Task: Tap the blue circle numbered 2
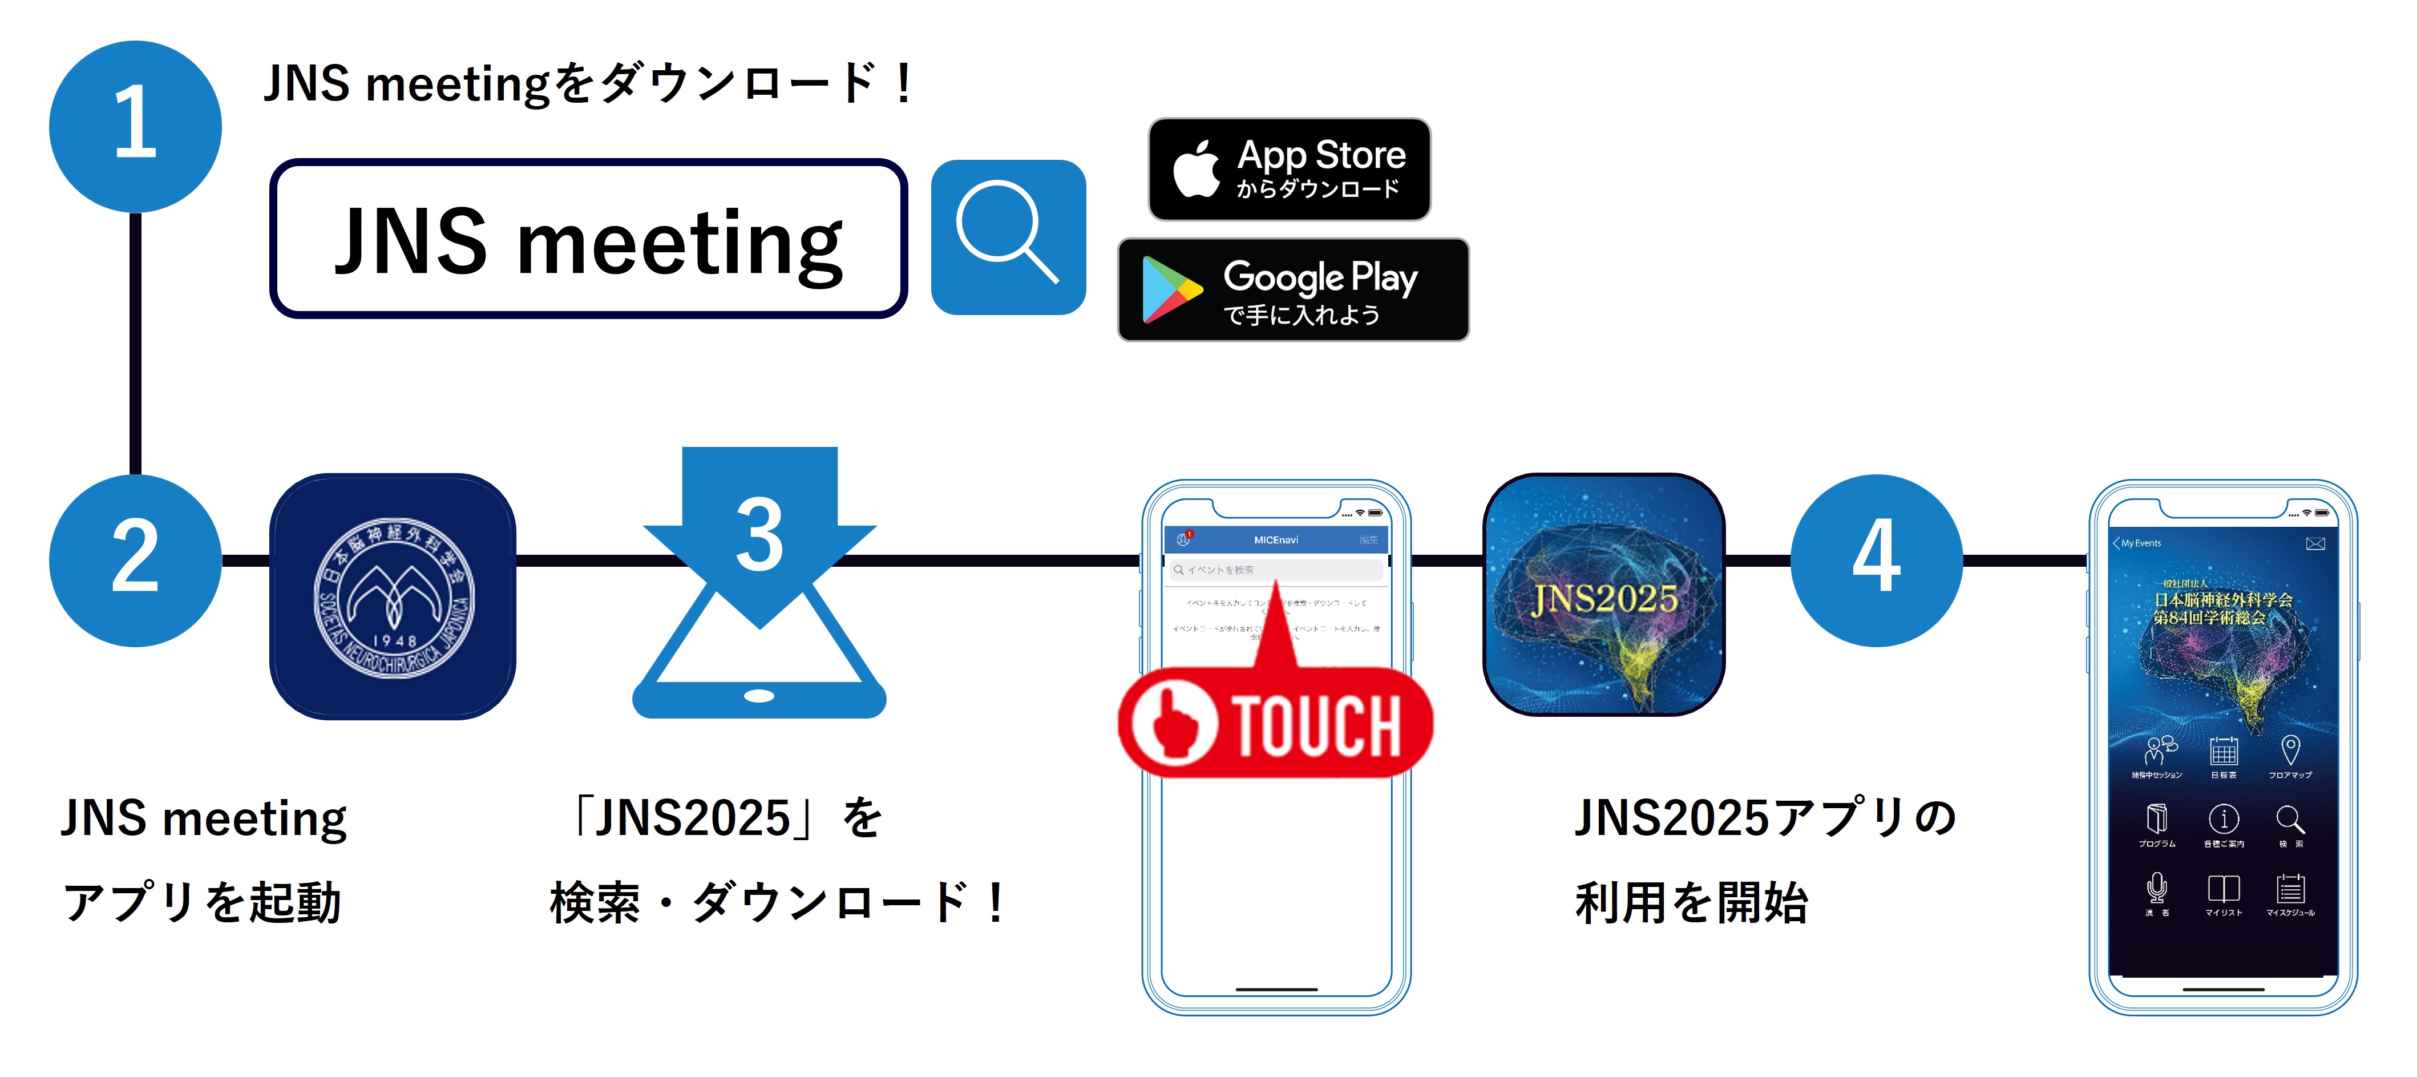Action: tap(135, 560)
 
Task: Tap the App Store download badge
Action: tap(1289, 169)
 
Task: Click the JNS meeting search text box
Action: tap(588, 239)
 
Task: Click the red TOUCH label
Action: tap(1276, 723)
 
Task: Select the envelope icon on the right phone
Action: tap(2315, 543)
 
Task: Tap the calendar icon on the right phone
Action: tap(2223, 751)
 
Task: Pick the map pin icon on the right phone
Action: tap(2290, 749)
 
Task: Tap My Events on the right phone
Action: tap(2141, 543)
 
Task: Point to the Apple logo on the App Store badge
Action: tap(1197, 169)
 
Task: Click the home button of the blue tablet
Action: tap(759, 696)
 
